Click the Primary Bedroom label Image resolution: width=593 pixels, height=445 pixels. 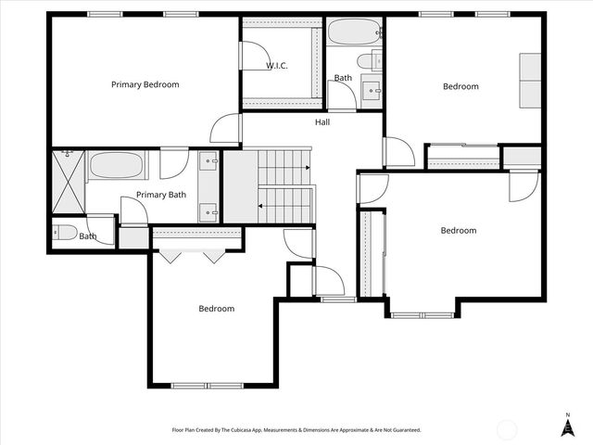tap(145, 84)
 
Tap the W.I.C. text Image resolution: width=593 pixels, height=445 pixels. tap(276, 66)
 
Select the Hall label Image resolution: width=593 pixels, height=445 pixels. tap(322, 121)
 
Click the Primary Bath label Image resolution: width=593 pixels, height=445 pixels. tap(161, 195)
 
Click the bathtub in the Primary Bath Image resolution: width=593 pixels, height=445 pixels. tap(117, 167)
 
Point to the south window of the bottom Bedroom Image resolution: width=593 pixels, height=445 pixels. tap(200, 385)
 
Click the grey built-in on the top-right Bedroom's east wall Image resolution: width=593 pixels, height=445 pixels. tap(529, 81)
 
